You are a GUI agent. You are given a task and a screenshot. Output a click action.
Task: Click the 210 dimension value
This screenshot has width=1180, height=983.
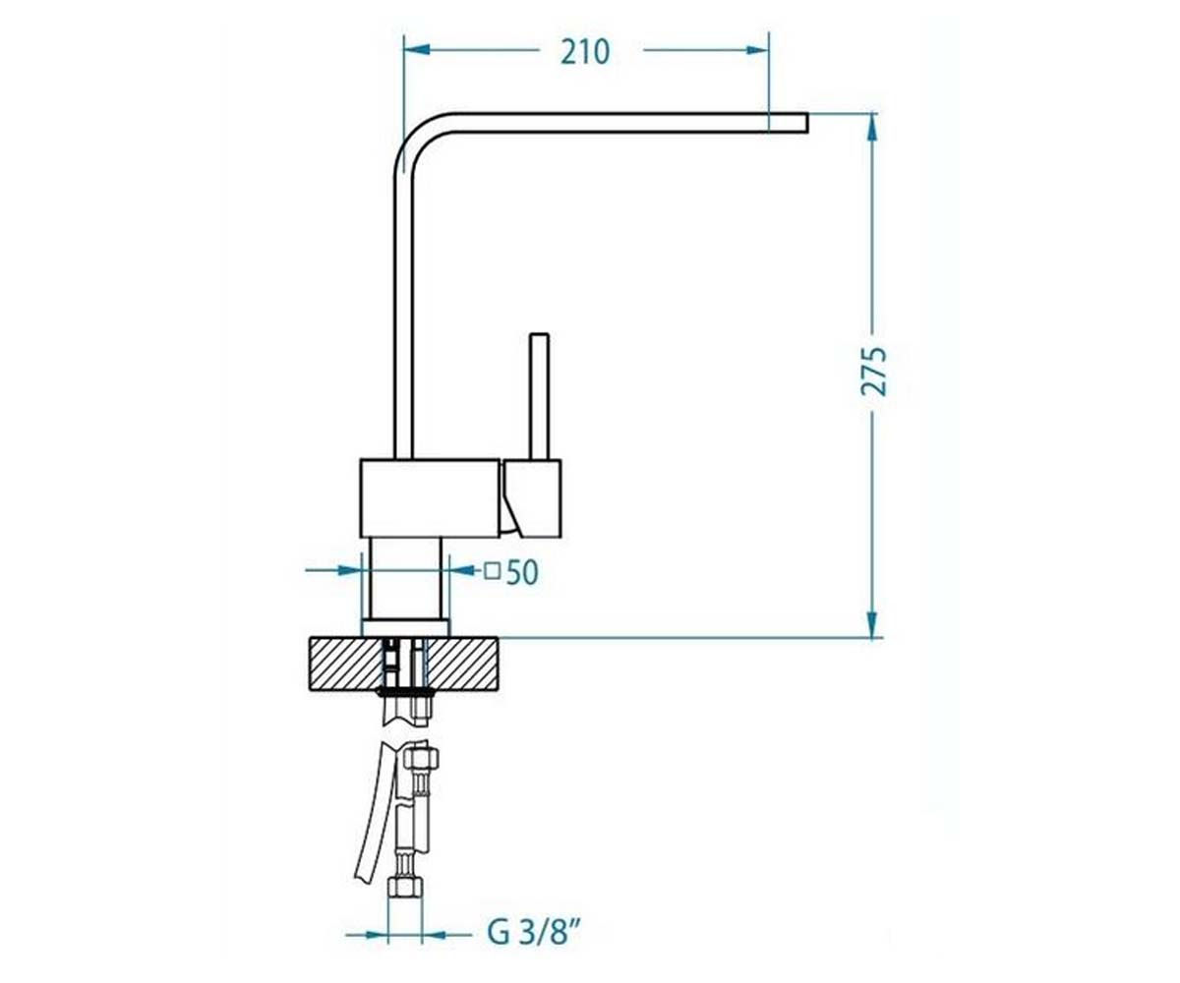pyautogui.click(x=585, y=52)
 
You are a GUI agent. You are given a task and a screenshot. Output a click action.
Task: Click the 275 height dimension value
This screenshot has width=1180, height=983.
pyautogui.click(x=874, y=372)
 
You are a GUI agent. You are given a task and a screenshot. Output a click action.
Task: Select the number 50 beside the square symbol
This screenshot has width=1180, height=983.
pyautogui.click(x=521, y=572)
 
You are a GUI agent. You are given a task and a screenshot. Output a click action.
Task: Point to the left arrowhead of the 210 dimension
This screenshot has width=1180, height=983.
pyautogui.click(x=417, y=50)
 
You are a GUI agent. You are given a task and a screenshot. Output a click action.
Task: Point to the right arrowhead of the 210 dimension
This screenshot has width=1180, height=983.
pyautogui.click(x=755, y=50)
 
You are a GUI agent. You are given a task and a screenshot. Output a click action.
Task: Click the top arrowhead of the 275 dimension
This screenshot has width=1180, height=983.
pyautogui.click(x=872, y=127)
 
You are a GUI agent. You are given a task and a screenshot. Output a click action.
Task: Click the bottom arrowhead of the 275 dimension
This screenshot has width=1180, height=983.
pyautogui.click(x=872, y=623)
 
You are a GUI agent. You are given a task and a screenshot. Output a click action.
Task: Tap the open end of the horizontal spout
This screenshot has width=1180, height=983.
pyautogui.click(x=807, y=123)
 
